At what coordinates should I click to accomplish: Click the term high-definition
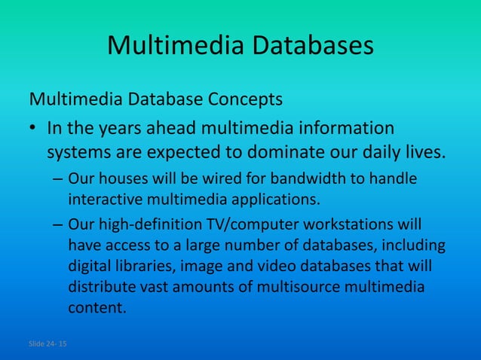(x=149, y=225)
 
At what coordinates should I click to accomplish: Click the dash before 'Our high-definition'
(x=58, y=225)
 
